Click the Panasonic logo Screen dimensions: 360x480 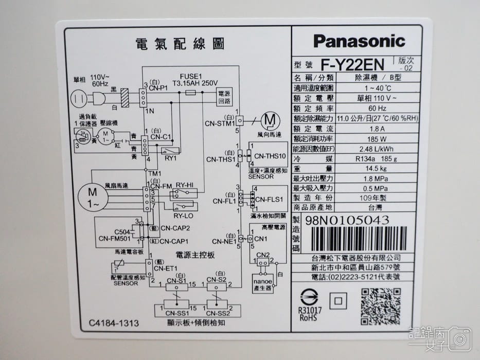click(x=359, y=41)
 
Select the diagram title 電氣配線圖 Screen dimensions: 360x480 click(x=180, y=44)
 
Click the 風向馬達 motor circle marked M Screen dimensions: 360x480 click(x=270, y=120)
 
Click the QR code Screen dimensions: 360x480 click(x=381, y=306)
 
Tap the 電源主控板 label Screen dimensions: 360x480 click(x=195, y=255)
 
